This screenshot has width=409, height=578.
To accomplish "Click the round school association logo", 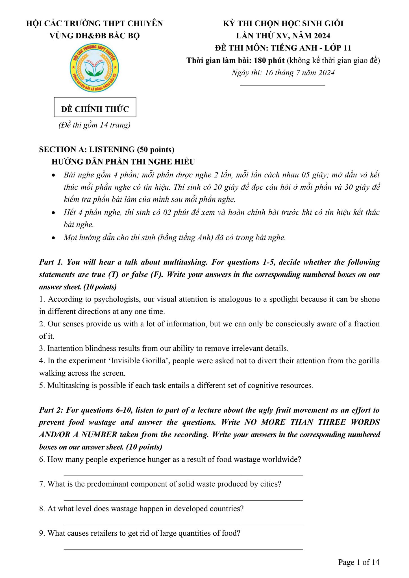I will [x=94, y=68].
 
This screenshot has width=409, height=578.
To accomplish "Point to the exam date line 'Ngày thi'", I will [x=283, y=73].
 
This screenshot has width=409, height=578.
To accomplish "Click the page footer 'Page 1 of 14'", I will [x=359, y=562].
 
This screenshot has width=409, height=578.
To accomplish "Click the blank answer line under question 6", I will [x=183, y=476].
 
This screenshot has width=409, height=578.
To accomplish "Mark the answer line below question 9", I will [x=183, y=549].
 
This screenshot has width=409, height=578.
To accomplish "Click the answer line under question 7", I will [x=183, y=500].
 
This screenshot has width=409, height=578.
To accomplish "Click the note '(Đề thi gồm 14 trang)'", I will [x=94, y=125].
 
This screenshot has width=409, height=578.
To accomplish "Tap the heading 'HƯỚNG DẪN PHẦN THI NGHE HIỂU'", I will [x=123, y=162].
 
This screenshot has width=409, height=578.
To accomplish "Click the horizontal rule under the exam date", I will [x=283, y=84].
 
